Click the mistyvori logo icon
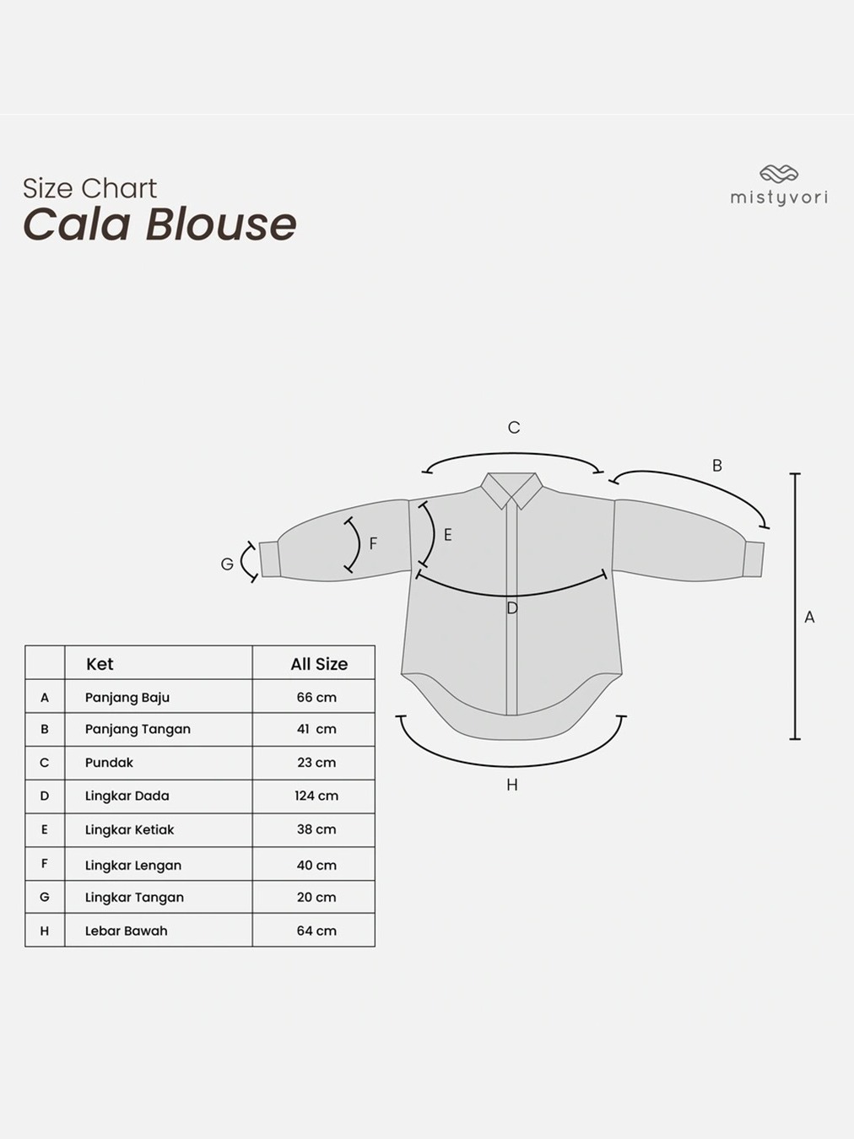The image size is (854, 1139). (778, 174)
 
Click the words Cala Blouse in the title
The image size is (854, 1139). (159, 224)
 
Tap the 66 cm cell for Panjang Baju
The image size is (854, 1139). (316, 698)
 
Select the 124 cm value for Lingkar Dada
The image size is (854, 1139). (316, 796)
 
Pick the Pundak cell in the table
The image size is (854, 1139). (109, 763)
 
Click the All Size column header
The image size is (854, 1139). (319, 664)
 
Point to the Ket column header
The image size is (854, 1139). (100, 664)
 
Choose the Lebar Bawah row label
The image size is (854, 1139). (126, 931)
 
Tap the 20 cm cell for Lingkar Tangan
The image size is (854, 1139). (316, 897)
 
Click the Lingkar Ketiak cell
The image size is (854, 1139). (129, 829)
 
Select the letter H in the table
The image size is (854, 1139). (45, 931)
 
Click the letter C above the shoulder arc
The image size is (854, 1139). (514, 428)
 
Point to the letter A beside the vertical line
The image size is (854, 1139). (809, 618)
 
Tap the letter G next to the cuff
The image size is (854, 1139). (227, 564)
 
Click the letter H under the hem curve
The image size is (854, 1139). (512, 785)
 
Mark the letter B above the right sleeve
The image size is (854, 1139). (717, 466)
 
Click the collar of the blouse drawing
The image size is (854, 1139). (512, 489)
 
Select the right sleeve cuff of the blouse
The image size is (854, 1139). (754, 559)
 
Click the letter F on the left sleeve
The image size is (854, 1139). (373, 544)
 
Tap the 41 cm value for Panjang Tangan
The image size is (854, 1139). (316, 729)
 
